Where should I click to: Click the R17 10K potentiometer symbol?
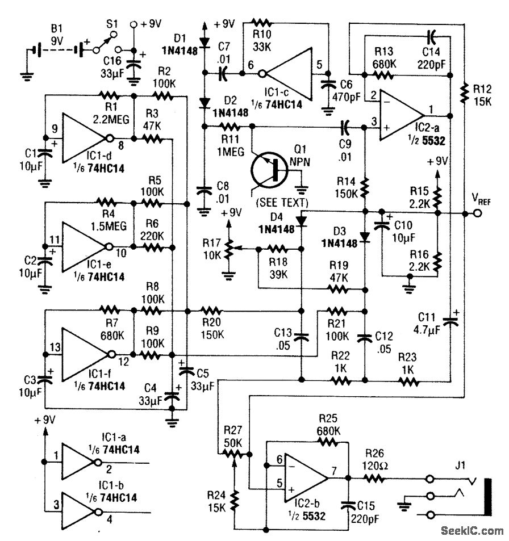[228, 248]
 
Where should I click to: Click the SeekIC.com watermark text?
[472, 531]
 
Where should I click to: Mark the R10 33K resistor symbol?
[261, 23]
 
